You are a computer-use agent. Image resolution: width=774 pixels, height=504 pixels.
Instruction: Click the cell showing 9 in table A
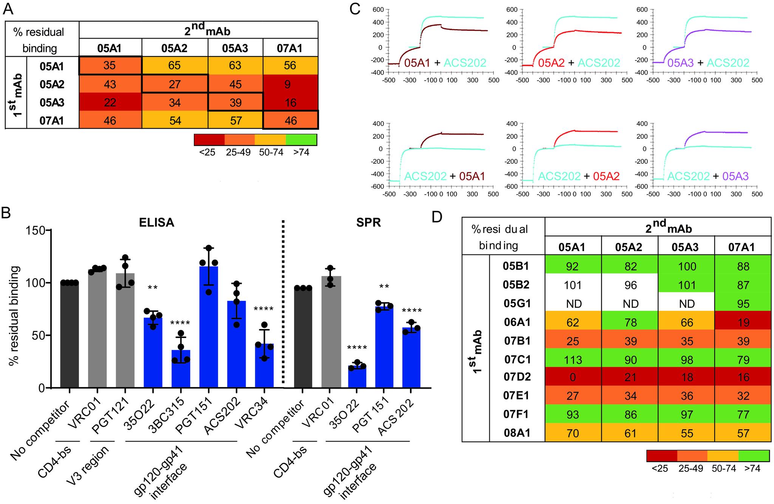pos(288,84)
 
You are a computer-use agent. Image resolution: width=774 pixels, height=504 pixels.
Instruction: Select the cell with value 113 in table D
pos(573,359)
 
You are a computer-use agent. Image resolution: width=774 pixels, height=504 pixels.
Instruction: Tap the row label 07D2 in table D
pos(517,377)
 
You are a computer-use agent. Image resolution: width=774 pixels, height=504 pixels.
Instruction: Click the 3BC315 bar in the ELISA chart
pos(181,369)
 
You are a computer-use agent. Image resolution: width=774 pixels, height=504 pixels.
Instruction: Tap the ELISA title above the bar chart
pos(156,223)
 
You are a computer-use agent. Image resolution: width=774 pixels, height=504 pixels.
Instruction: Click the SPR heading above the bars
pos(368,223)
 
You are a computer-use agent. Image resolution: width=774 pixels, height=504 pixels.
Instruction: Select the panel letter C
pos(354,9)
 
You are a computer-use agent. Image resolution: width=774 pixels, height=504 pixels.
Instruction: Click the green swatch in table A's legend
pos(301,140)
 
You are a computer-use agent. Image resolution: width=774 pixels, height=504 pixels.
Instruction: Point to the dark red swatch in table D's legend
pos(662,456)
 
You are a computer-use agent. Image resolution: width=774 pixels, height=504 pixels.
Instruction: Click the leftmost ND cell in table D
pos(573,304)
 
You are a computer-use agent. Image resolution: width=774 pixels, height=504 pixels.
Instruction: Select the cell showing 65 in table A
pos(175,66)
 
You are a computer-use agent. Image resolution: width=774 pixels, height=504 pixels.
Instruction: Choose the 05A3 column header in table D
pos(686,247)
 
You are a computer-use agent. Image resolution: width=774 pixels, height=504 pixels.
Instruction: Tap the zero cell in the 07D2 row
pos(573,377)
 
